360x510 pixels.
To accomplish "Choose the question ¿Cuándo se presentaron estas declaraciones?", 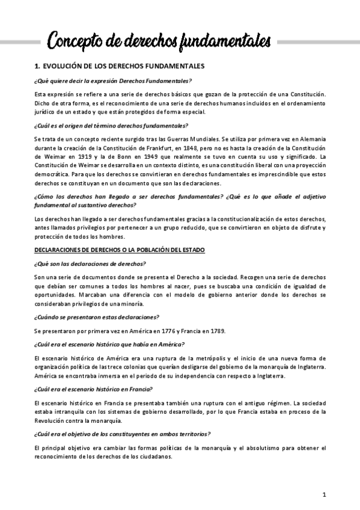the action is [x=96, y=316].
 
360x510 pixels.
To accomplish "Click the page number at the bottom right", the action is [x=324, y=494].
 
